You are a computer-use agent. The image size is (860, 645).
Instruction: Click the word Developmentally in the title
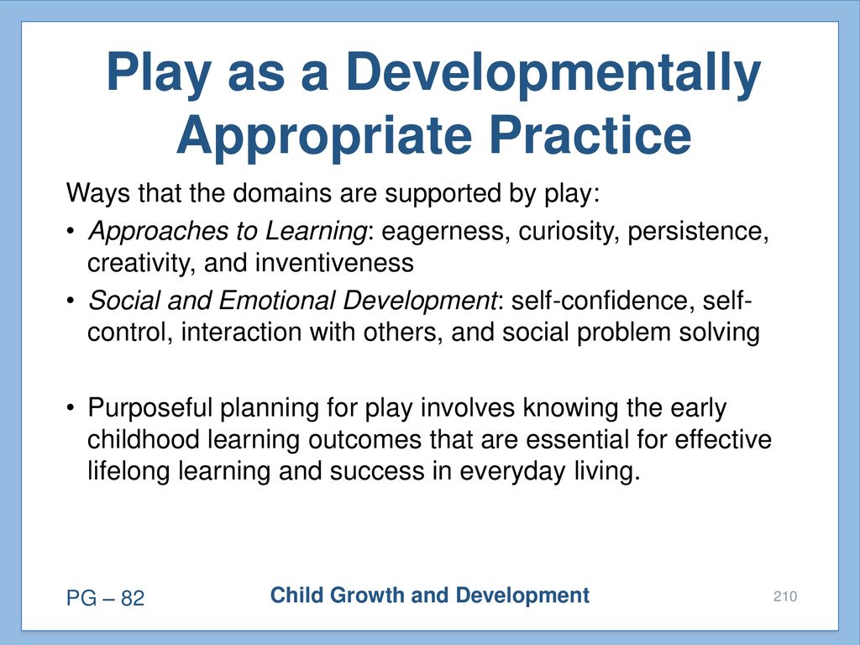[553, 74]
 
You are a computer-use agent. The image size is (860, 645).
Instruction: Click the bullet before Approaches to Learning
[70, 231]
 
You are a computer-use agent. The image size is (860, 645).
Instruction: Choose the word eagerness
[442, 232]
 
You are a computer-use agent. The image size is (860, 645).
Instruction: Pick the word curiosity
[569, 232]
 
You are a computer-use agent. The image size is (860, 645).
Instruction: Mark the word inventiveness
[334, 263]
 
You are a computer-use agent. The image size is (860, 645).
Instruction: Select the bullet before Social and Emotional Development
[70, 301]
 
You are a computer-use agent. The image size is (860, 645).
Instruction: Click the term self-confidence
[599, 301]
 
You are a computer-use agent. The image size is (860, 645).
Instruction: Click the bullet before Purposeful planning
[70, 408]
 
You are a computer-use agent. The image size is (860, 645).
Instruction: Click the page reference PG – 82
[105, 598]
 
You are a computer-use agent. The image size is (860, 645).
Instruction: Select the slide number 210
[785, 596]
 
